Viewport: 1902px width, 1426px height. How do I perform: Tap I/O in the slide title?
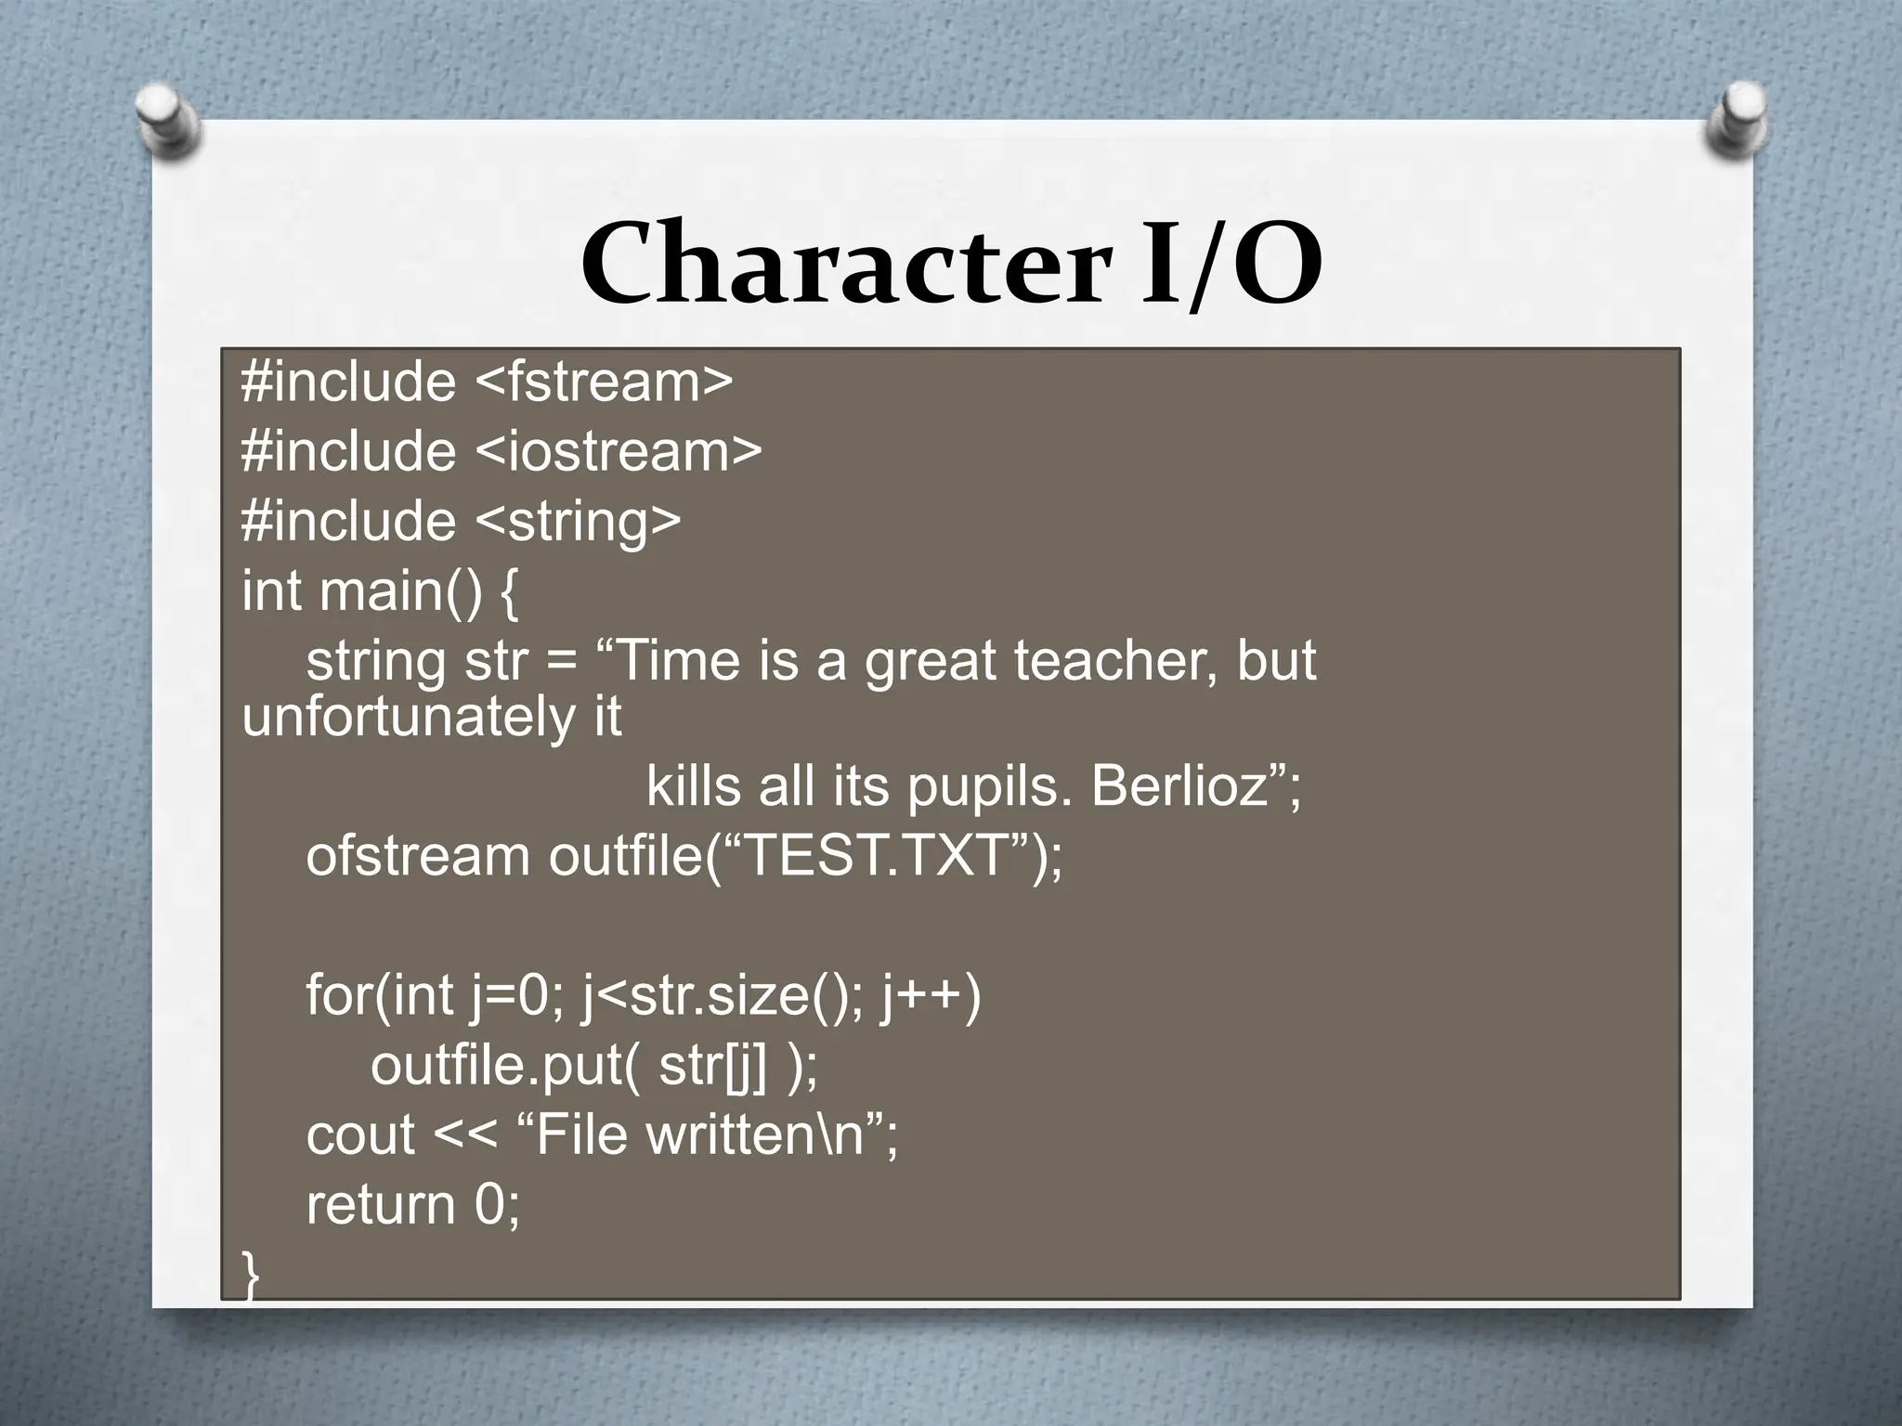click(1230, 266)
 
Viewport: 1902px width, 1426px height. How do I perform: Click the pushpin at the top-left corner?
click(167, 119)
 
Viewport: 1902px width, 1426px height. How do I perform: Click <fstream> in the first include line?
click(605, 382)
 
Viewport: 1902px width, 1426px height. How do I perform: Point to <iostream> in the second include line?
click(619, 451)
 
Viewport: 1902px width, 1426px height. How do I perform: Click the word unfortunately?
click(404, 717)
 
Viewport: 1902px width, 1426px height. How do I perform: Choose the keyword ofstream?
click(417, 856)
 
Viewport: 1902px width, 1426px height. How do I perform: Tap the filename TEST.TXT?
click(877, 856)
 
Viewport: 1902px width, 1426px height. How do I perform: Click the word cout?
click(360, 1134)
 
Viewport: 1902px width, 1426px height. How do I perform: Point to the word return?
click(381, 1204)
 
